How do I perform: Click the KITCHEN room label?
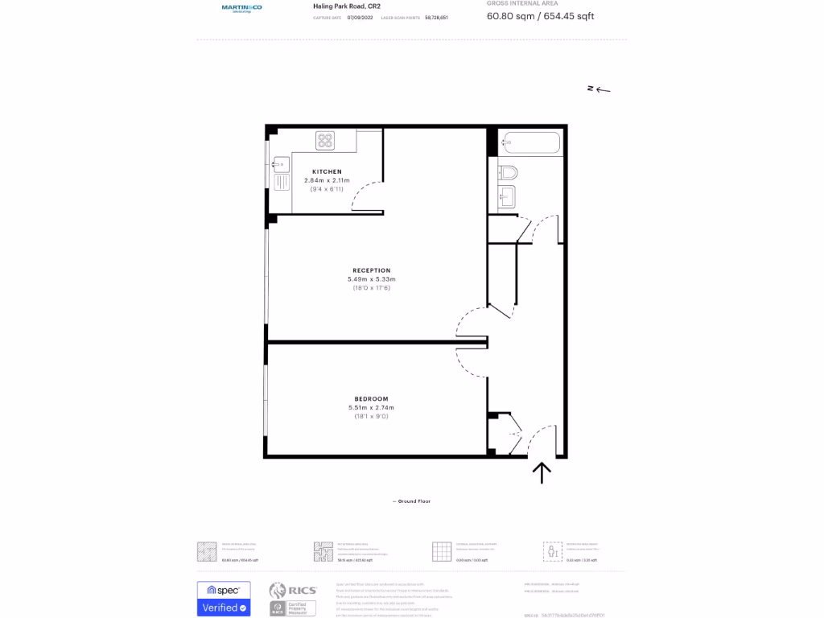[x=328, y=171]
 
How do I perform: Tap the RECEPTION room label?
[x=372, y=270]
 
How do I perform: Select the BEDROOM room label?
[x=372, y=399]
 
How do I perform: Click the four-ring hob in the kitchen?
[x=325, y=141]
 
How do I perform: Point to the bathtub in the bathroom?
[x=529, y=144]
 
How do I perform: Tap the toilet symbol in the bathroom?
[x=508, y=172]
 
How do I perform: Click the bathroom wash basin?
[x=506, y=196]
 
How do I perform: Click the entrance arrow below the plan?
[x=542, y=472]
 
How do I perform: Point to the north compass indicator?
[x=599, y=89]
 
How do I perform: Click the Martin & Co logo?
[x=241, y=8]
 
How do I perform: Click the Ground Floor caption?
[x=411, y=501]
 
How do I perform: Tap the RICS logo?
[x=293, y=591]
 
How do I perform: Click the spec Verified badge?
[x=224, y=599]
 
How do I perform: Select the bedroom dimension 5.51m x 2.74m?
[x=372, y=408]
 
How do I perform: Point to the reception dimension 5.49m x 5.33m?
[x=372, y=279]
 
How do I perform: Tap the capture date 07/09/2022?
[x=361, y=17]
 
